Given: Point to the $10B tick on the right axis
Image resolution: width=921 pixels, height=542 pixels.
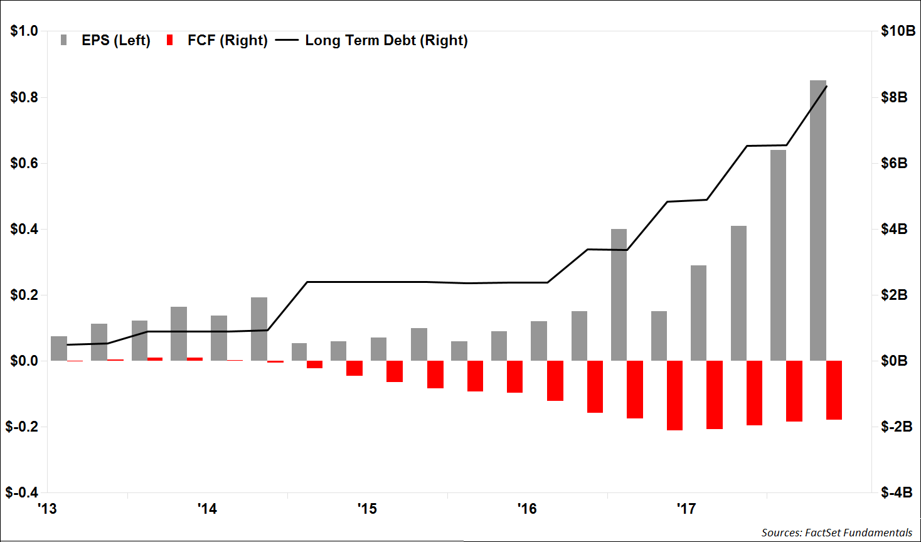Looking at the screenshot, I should [898, 31].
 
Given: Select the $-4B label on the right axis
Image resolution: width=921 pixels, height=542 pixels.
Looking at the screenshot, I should [897, 492].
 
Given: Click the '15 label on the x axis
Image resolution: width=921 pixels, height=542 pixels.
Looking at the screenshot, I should [367, 508].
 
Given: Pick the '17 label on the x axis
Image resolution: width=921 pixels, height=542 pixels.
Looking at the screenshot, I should [686, 508].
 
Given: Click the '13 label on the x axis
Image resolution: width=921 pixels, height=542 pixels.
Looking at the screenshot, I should [47, 508].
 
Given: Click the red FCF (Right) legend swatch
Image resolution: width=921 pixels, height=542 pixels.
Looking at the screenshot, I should [169, 41].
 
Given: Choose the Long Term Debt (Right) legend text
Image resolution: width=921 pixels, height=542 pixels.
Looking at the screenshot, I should [386, 41].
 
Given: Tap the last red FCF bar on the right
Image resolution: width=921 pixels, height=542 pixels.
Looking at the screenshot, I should [834, 390].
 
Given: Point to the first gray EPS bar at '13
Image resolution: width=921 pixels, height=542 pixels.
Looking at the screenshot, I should [59, 349].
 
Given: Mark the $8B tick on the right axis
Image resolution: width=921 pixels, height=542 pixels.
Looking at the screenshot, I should [894, 97].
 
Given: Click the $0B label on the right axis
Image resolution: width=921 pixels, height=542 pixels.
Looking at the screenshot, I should [894, 361].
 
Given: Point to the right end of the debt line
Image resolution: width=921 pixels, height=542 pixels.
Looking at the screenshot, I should [827, 86].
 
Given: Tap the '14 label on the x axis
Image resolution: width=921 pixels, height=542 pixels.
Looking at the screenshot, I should [207, 508].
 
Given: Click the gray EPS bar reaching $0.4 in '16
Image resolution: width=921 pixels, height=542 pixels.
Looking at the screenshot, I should [619, 295].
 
